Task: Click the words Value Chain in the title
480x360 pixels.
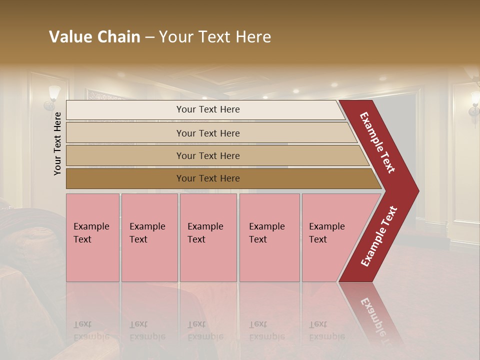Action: (94, 37)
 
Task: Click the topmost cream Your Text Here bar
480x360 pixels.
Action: (207, 109)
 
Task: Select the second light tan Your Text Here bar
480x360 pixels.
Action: (208, 133)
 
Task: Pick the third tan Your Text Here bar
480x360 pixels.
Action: (208, 155)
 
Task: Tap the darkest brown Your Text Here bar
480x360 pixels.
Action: (208, 178)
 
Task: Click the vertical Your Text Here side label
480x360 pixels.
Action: (57, 143)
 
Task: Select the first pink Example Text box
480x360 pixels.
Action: (92, 237)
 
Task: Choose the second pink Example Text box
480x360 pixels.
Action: (149, 237)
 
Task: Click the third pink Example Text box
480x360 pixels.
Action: (208, 237)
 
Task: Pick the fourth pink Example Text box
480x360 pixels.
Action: (269, 237)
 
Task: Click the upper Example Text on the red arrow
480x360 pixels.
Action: (378, 142)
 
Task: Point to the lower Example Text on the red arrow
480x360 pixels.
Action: (379, 236)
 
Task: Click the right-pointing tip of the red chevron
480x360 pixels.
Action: (416, 190)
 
